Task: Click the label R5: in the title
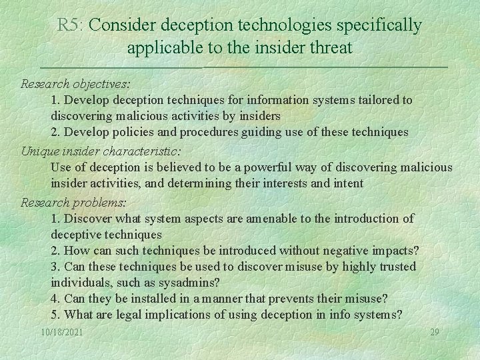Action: point(71,25)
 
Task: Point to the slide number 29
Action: point(435,332)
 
